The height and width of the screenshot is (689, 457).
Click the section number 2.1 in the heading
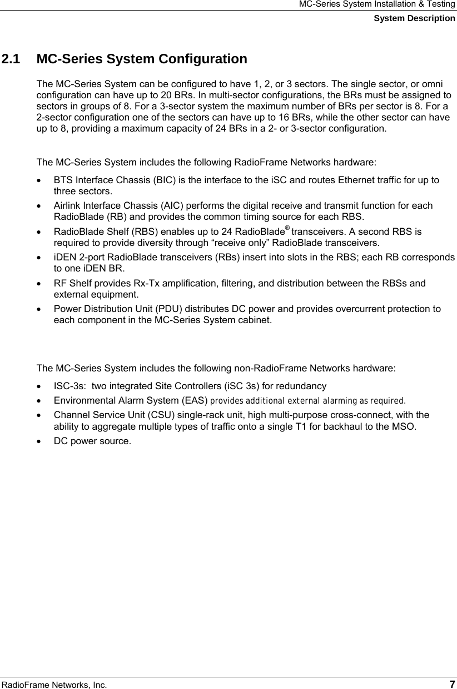click(x=12, y=59)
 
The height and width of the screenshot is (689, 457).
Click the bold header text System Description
click(x=414, y=18)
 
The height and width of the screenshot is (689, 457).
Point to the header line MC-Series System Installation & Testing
click(x=377, y=4)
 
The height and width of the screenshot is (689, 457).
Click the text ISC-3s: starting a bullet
click(x=69, y=386)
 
